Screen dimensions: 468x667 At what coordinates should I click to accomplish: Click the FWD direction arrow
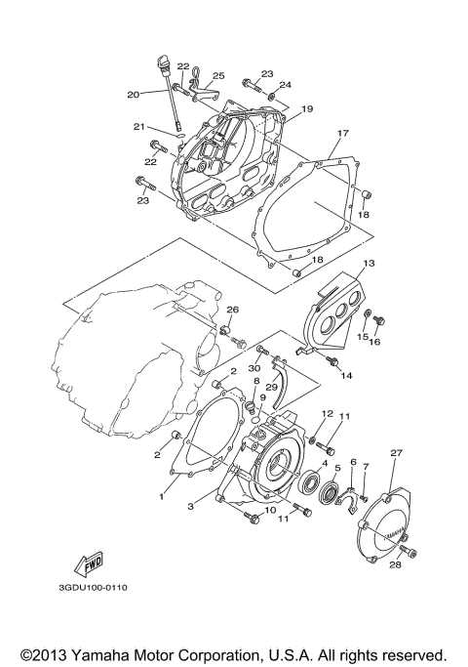[89, 564]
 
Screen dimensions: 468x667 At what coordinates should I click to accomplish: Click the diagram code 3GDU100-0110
[93, 588]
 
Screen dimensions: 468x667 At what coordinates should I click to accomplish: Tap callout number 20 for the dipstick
[134, 95]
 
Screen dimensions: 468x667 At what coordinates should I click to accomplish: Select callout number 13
[370, 264]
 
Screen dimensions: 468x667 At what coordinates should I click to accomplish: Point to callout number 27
[396, 453]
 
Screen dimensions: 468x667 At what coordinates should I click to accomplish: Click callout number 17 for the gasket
[343, 134]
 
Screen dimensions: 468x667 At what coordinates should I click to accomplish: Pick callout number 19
[306, 109]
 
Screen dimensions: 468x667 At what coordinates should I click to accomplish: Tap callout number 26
[232, 310]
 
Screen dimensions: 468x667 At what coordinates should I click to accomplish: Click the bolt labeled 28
[409, 552]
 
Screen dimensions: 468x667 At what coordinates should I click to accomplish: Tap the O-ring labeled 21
[181, 136]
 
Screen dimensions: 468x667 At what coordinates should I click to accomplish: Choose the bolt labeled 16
[378, 320]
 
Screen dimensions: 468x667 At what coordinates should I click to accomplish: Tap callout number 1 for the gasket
[162, 496]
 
